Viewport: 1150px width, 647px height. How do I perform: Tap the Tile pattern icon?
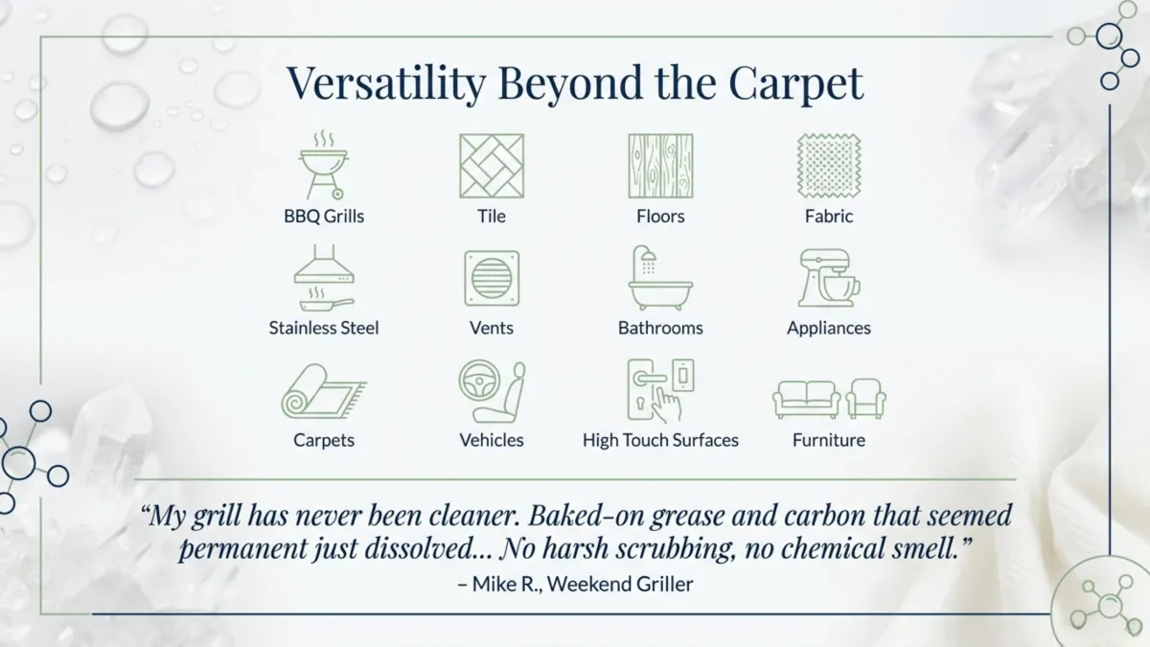tap(492, 166)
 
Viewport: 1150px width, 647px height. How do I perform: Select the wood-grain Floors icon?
tap(660, 166)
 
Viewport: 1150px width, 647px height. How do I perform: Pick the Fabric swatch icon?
tap(829, 166)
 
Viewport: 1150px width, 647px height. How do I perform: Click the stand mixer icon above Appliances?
tap(829, 278)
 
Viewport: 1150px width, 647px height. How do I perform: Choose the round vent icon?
tap(492, 279)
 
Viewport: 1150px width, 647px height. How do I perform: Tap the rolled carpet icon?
tap(321, 392)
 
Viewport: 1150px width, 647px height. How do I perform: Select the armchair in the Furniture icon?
tap(866, 398)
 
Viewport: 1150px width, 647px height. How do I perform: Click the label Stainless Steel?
tap(324, 328)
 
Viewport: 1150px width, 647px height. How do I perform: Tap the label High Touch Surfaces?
tap(660, 440)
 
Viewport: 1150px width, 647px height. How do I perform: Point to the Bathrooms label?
tap(660, 328)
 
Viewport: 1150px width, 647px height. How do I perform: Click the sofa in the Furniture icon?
tap(806, 398)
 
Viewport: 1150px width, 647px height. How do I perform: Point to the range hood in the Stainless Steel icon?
tap(324, 267)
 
